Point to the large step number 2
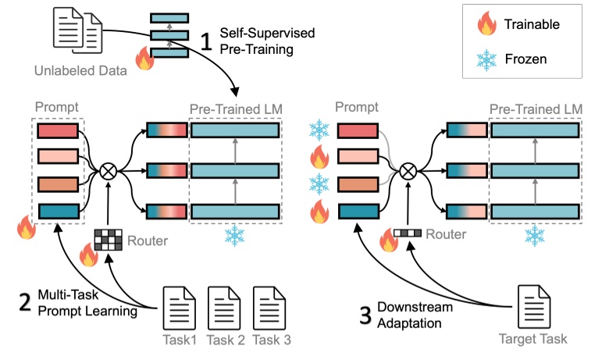(x=26, y=301)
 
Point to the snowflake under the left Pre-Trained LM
(x=235, y=235)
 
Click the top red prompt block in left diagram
(x=57, y=130)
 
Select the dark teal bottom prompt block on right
(x=357, y=212)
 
